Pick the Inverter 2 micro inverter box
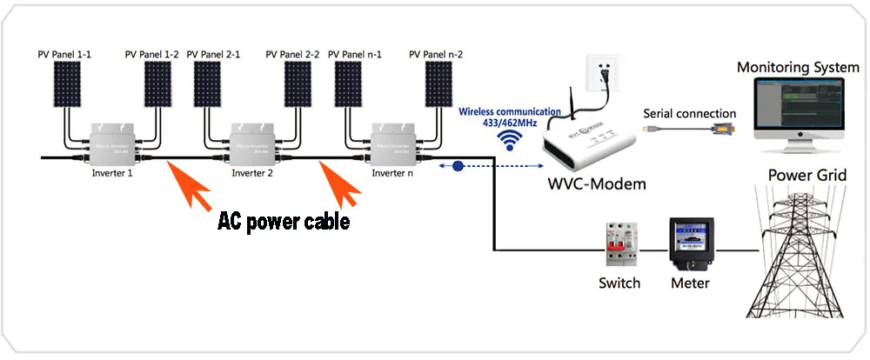[254, 144]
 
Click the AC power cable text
[283, 221]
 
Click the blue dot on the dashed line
[458, 164]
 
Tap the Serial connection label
[689, 113]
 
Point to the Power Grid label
[806, 176]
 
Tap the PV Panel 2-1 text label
[217, 54]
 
